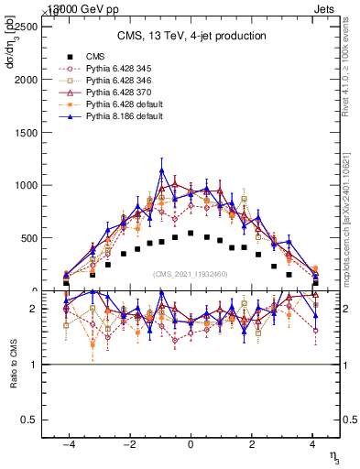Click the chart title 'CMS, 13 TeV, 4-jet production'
coord(191,37)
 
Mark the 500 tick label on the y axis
coord(27,238)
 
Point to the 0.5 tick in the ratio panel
coord(27,420)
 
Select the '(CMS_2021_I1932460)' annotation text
coord(191,274)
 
